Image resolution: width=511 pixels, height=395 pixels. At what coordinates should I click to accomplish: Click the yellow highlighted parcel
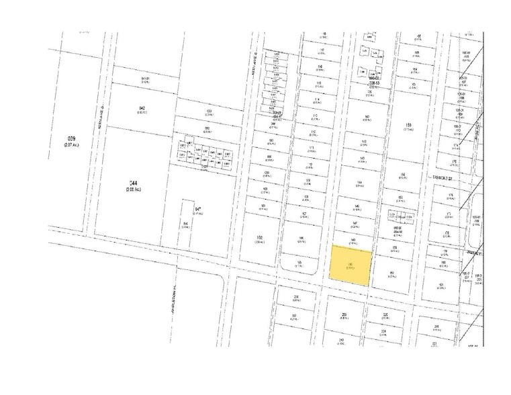pyautogui.click(x=351, y=266)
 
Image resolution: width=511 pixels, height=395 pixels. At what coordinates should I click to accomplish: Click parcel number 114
pyautogui.click(x=316, y=99)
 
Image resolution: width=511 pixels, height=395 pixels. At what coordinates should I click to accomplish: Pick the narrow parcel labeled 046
pyautogui.click(x=185, y=225)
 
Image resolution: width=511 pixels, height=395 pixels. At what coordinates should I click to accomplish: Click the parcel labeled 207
pyautogui.click(x=294, y=315)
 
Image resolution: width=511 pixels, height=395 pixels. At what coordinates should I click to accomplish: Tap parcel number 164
pyautogui.click(x=416, y=69)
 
